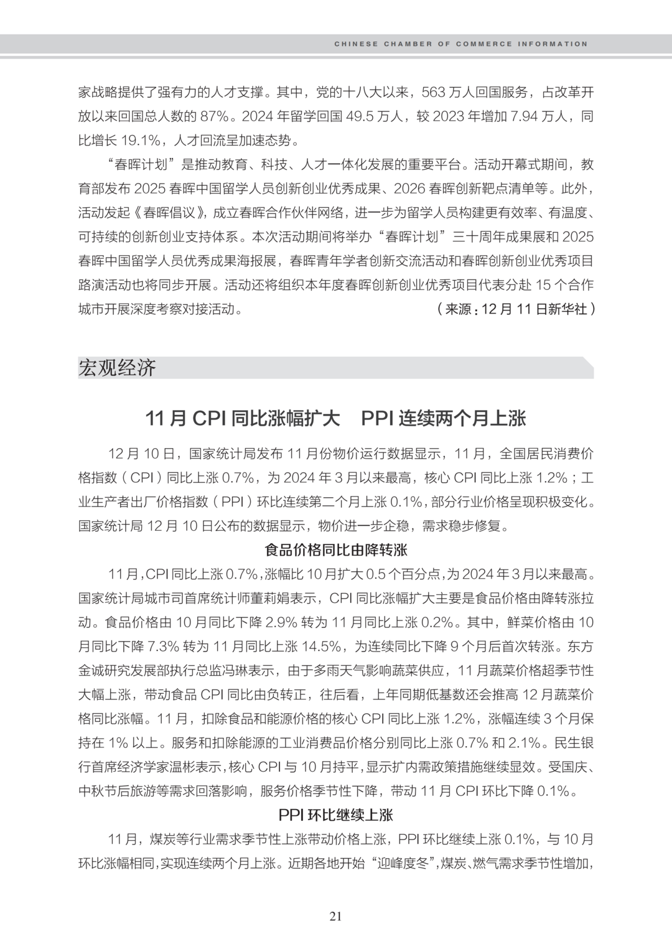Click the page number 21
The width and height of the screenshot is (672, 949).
[x=336, y=916]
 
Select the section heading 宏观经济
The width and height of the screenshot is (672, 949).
[x=117, y=368]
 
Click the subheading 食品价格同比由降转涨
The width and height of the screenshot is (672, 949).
[x=336, y=550]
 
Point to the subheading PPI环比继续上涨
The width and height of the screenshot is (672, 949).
[x=336, y=815]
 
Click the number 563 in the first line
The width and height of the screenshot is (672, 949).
[x=434, y=93]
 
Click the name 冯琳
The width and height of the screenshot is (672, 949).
[x=234, y=670]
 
